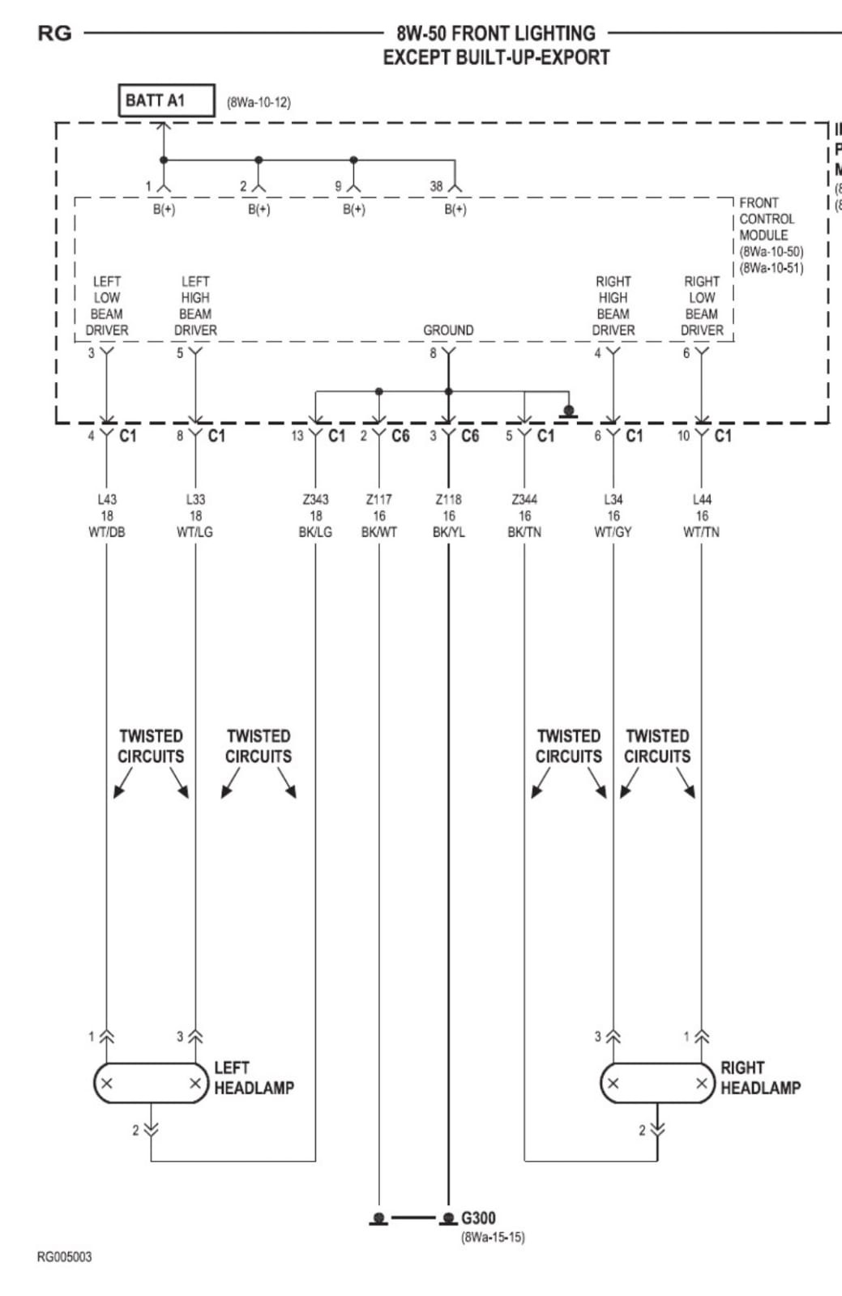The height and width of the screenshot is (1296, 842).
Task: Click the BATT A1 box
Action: point(166,100)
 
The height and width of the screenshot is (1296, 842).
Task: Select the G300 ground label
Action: point(478,1218)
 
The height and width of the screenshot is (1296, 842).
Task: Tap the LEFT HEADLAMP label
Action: point(254,1078)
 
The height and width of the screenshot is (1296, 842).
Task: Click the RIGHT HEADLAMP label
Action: point(760,1078)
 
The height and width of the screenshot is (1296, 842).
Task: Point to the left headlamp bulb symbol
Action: point(151,1083)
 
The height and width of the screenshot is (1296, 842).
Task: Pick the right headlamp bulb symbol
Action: point(657,1083)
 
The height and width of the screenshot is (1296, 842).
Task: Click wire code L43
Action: point(106,500)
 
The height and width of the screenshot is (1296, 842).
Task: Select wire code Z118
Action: point(448,500)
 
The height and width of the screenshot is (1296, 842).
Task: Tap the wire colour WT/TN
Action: point(701,532)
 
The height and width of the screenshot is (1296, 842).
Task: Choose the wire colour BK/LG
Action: point(315,532)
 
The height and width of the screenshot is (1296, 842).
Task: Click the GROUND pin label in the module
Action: point(448,330)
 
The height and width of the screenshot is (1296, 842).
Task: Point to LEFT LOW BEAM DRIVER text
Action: point(107,306)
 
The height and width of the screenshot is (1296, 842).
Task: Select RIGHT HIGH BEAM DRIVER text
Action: point(613,306)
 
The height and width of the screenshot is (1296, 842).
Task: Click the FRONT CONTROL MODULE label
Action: point(767,219)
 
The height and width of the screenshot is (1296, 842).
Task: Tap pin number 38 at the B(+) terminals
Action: point(436,186)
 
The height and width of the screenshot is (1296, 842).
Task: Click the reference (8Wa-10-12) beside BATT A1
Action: point(259,102)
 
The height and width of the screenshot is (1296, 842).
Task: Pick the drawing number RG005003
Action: point(65,1257)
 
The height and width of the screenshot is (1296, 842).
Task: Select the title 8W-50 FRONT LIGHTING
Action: point(496,34)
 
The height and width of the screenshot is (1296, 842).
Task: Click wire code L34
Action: point(613,500)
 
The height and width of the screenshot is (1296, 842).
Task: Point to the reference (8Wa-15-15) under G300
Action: point(493,1238)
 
